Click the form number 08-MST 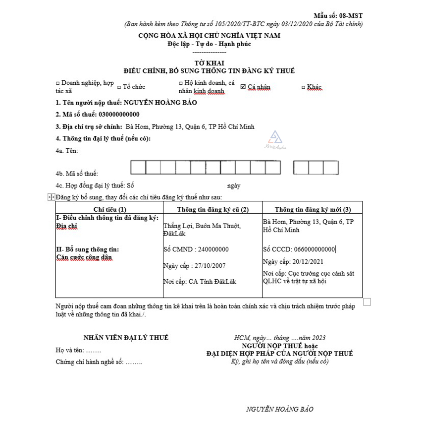(351, 16)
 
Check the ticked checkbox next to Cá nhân (243, 87)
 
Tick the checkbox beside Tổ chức (119, 87)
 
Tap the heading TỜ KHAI (210, 63)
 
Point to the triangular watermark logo (274, 137)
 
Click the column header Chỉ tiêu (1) (109, 209)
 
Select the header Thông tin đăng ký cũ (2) (212, 209)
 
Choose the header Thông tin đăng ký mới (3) (312, 209)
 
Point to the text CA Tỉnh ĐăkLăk (212, 282)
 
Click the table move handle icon (51, 197)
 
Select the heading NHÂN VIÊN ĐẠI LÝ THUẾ (126, 338)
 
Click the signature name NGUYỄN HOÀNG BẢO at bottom (280, 409)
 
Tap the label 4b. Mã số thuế (77, 174)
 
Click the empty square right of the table (367, 301)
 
